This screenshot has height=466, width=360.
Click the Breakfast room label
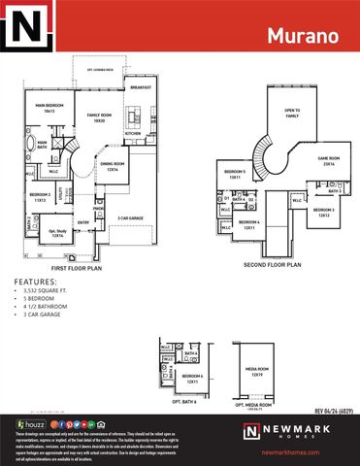141,87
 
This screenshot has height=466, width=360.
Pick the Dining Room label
114,166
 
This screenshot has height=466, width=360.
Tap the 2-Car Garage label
131,218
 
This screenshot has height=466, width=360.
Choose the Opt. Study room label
57,233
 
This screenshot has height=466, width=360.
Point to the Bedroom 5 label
235,177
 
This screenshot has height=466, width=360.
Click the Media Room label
257,372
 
